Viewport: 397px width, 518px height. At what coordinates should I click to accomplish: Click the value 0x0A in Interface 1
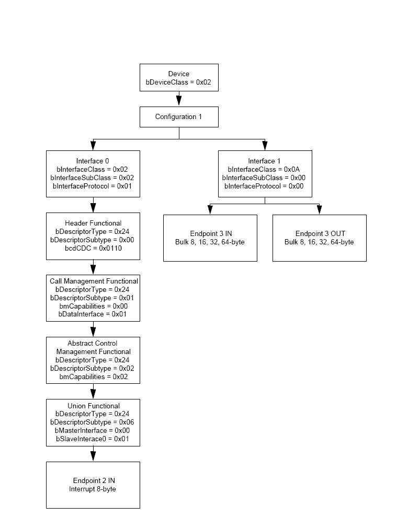tap(292, 170)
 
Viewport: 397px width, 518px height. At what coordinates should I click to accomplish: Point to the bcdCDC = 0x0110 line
tap(93, 249)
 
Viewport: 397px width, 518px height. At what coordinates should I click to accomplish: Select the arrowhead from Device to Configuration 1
tap(179, 100)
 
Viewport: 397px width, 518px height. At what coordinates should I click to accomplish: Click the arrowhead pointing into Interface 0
tap(93, 145)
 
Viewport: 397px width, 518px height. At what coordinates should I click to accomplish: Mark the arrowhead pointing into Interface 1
tap(265, 145)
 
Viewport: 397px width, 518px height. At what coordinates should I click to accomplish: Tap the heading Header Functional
tap(93, 223)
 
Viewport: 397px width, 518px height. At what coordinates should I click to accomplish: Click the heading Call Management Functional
tap(94, 281)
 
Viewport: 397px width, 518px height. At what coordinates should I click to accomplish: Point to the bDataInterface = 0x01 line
tap(93, 314)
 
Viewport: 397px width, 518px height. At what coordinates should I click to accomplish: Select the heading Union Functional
tap(94, 406)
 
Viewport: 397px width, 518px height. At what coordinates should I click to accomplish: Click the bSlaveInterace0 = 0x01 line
tap(92, 439)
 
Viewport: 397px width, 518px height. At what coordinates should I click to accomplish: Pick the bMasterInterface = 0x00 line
tap(92, 431)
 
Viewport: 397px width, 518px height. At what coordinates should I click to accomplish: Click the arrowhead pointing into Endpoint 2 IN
tap(93, 456)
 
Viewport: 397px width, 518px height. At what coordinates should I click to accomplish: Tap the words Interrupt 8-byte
tap(93, 489)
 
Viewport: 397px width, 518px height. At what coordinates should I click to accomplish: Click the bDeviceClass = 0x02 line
tap(178, 83)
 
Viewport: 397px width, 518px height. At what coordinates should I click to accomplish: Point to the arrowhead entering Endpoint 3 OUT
tap(319, 209)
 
